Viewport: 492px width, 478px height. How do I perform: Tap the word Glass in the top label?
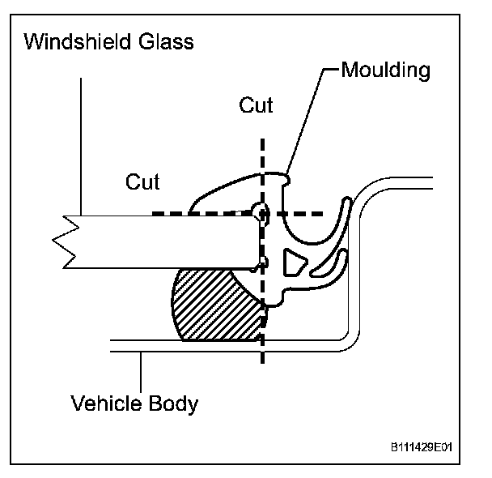[x=168, y=42]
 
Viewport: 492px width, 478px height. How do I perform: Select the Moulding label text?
[x=385, y=70]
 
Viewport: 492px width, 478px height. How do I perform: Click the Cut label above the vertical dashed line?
[x=256, y=106]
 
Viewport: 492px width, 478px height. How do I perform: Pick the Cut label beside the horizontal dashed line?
[x=142, y=181]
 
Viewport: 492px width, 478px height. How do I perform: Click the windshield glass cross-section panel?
[x=162, y=241]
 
